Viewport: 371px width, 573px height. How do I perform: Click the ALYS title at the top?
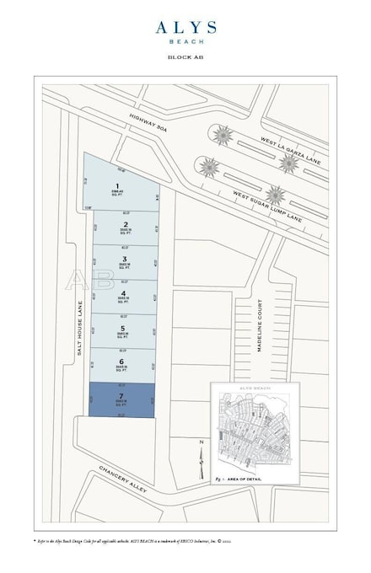[185, 27]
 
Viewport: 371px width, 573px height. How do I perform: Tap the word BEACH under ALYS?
[185, 40]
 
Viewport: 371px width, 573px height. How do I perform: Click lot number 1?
[118, 187]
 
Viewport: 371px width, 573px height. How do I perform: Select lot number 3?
[124, 260]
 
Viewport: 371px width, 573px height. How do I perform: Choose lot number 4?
[124, 294]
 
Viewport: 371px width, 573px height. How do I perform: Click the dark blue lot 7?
[123, 399]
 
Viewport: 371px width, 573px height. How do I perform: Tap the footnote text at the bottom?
[185, 536]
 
